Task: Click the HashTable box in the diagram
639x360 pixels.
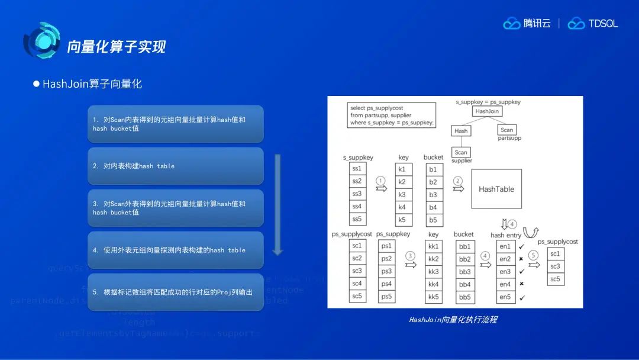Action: [496, 189]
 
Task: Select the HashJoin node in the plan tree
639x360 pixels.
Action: [488, 111]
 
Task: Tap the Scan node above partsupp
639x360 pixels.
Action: [506, 130]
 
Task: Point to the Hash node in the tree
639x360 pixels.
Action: [461, 131]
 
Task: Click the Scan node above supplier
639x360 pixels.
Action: [461, 152]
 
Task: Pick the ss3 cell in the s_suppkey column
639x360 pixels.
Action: [357, 194]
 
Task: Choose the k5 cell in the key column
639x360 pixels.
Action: [402, 220]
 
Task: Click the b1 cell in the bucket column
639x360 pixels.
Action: [433, 169]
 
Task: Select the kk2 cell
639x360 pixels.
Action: [434, 259]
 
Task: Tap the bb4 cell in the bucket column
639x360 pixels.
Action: [464, 284]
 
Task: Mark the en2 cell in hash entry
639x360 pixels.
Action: [505, 259]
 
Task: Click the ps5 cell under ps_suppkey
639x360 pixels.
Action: [386, 297]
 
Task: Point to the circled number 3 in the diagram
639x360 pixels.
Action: [410, 255]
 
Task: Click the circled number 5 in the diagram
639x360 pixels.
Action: [534, 255]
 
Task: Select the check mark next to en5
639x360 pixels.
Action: [521, 297]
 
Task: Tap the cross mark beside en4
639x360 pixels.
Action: [521, 284]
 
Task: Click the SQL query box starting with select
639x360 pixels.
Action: [392, 115]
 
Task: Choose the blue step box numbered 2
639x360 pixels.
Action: [175, 166]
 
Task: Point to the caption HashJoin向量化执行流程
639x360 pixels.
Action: [453, 320]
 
